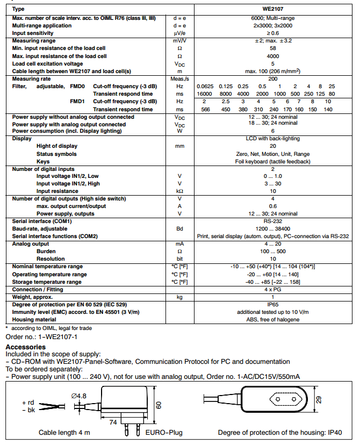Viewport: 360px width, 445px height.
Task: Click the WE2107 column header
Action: coord(272,10)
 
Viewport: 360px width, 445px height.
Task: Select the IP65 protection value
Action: coord(272,304)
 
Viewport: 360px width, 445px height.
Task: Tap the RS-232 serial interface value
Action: coord(272,221)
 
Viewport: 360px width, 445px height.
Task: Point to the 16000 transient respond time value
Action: coord(205,94)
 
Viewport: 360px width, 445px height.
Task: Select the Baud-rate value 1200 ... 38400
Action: coord(272,228)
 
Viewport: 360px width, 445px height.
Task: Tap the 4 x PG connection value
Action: coord(272,289)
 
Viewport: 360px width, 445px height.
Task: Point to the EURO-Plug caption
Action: coord(164,433)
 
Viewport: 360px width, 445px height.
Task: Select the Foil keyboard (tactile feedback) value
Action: coord(272,161)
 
